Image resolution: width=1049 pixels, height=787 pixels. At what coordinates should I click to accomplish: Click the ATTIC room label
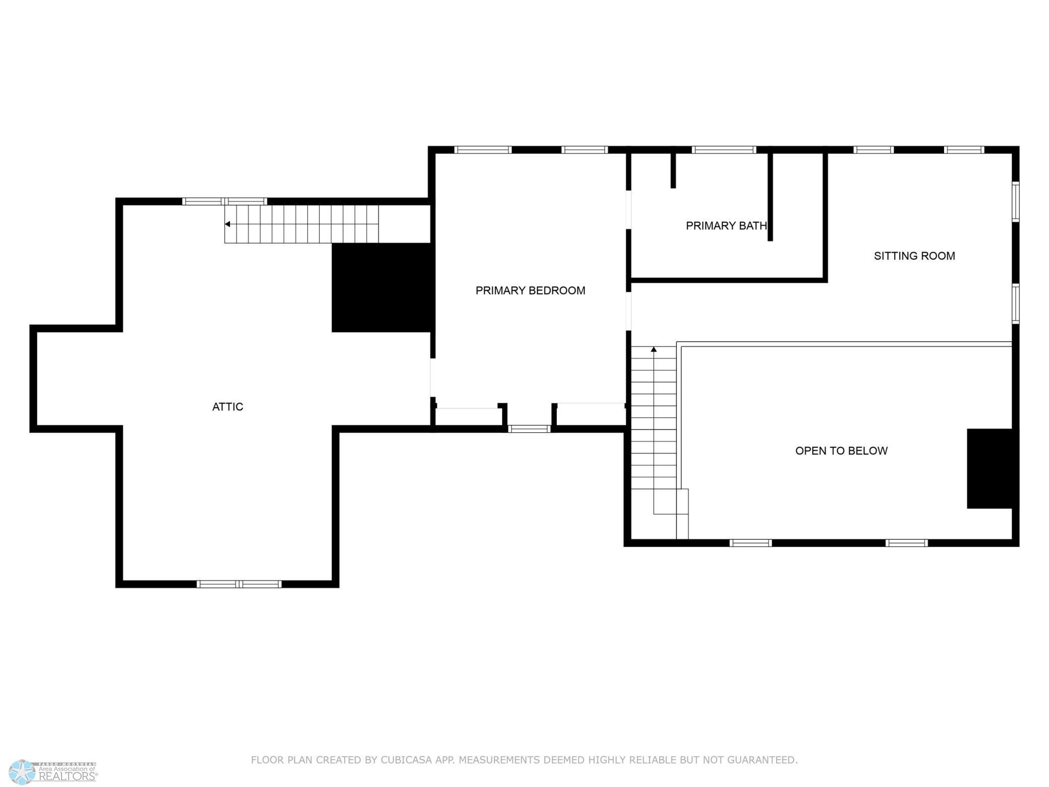227,407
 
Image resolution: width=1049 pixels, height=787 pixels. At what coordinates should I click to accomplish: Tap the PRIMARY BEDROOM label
530,291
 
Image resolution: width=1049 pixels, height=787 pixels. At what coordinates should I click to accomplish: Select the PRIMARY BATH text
726,226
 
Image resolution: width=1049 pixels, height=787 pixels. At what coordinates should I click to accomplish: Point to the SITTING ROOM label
914,256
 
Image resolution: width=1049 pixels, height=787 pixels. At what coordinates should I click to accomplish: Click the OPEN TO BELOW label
841,451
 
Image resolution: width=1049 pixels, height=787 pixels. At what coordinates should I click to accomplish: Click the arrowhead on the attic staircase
227,224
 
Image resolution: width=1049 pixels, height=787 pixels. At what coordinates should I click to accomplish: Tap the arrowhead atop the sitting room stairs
654,349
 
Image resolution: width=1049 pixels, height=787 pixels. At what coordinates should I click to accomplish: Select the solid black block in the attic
382,288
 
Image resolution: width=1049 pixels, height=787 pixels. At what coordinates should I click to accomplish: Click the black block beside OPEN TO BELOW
991,469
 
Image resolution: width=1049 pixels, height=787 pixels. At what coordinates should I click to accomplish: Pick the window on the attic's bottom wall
239,584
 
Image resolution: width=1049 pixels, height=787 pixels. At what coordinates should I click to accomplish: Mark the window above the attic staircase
224,201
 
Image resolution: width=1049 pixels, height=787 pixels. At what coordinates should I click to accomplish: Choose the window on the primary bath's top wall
724,150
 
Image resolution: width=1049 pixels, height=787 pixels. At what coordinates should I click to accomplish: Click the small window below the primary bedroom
529,429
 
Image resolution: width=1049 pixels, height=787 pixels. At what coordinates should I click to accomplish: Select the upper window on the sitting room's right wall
1016,202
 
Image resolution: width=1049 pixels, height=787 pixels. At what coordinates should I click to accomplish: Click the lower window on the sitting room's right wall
1016,304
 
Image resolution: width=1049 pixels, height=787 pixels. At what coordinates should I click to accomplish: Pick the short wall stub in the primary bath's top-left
673,171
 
